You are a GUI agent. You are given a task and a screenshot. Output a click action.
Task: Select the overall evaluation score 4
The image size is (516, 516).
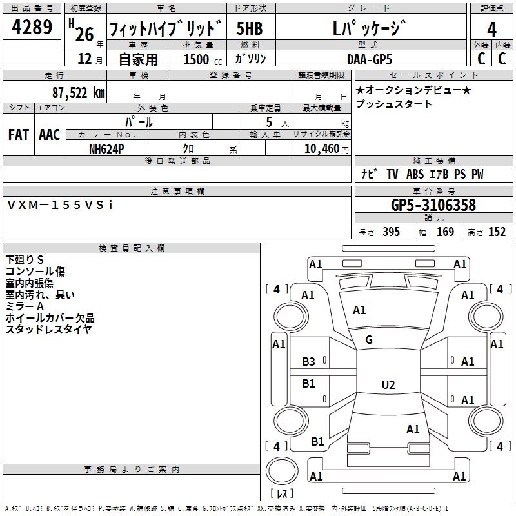click(492, 30)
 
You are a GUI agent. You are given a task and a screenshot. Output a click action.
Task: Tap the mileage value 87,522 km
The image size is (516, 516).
click(78, 93)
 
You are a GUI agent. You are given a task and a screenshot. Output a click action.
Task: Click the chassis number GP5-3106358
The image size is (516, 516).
click(433, 206)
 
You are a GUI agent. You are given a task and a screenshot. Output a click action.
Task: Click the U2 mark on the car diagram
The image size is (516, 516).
click(388, 385)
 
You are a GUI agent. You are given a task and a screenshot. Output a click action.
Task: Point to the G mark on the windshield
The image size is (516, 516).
click(369, 340)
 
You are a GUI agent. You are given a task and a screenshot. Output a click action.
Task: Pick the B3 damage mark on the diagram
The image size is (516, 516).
click(309, 362)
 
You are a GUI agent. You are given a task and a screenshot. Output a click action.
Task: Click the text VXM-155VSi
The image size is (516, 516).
click(60, 204)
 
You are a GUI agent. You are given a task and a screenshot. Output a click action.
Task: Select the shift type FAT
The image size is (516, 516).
click(18, 135)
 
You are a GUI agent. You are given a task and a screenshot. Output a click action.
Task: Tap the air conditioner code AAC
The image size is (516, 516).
click(50, 135)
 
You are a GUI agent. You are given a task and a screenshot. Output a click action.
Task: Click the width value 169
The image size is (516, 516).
click(445, 232)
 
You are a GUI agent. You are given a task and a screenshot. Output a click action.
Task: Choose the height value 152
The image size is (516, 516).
click(497, 232)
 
